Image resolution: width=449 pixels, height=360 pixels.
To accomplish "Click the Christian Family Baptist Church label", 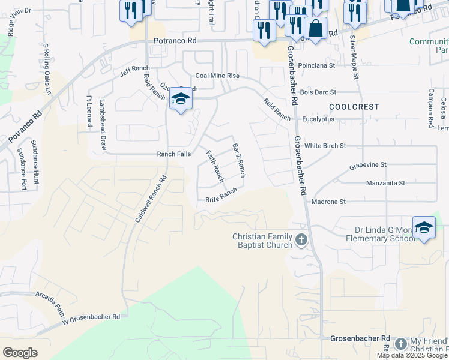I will pyautogui.click(x=262, y=241).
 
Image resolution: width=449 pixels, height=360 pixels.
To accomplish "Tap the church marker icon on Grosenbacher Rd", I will pyautogui.click(x=301, y=241).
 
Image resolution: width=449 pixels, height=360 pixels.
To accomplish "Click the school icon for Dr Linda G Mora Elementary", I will pyautogui.click(x=424, y=227).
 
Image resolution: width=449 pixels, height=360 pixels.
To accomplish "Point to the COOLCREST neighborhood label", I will pyautogui.click(x=354, y=106).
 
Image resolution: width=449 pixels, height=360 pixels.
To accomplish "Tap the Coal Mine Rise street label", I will pyautogui.click(x=217, y=76).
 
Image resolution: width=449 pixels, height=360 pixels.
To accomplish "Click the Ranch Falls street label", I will pyautogui.click(x=174, y=154).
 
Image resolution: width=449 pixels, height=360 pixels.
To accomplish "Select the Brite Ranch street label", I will pyautogui.click(x=221, y=196).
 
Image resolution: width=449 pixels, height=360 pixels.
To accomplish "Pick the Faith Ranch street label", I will pyautogui.click(x=215, y=166).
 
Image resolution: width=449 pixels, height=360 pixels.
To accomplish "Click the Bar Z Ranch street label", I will pyautogui.click(x=238, y=159).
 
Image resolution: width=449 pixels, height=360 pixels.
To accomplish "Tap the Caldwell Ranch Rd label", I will pyautogui.click(x=151, y=199).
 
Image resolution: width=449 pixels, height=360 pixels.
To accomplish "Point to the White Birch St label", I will pyautogui.click(x=325, y=146).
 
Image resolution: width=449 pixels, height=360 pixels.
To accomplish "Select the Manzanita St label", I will pyautogui.click(x=385, y=182).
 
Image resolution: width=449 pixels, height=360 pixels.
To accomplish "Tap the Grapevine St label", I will pyautogui.click(x=368, y=164).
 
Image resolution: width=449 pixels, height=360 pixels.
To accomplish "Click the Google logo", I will pyautogui.click(x=20, y=353).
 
